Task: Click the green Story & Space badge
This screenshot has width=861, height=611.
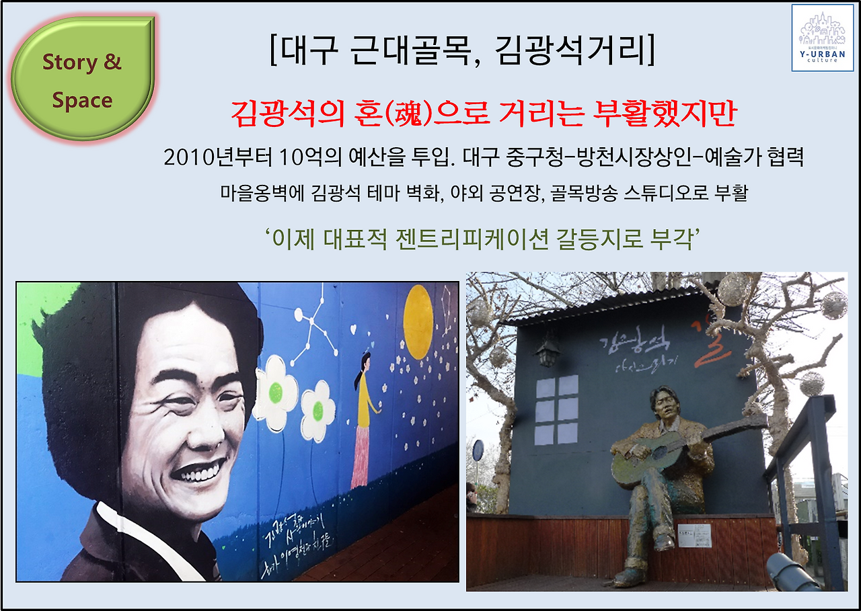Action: (x=82, y=80)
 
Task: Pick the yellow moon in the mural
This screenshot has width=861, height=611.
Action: (x=418, y=322)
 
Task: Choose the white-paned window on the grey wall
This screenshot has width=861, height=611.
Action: (x=556, y=410)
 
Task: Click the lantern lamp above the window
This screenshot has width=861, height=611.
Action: (x=548, y=351)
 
